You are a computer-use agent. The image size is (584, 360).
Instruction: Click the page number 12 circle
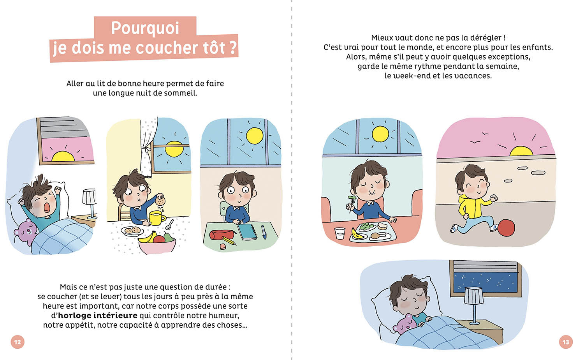pyautogui.click(x=18, y=342)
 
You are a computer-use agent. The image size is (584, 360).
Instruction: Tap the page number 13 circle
pyautogui.click(x=566, y=342)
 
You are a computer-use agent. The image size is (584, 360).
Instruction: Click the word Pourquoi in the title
pyautogui.click(x=145, y=28)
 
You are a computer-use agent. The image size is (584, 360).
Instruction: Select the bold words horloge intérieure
pyautogui.click(x=98, y=316)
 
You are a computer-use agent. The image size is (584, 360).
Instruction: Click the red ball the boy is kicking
pyautogui.click(x=506, y=228)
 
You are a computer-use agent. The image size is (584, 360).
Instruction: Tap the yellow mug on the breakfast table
pyautogui.click(x=157, y=218)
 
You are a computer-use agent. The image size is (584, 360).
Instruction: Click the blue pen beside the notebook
pyautogui.click(x=264, y=232)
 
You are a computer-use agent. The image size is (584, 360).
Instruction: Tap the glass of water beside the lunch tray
pyautogui.click(x=340, y=233)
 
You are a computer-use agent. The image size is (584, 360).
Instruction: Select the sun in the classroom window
pyautogui.click(x=255, y=136)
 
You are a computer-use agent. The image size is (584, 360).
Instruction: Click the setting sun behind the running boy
pyautogui.click(x=521, y=151)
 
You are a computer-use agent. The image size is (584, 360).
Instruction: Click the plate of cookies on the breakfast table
pyautogui.click(x=132, y=231)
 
